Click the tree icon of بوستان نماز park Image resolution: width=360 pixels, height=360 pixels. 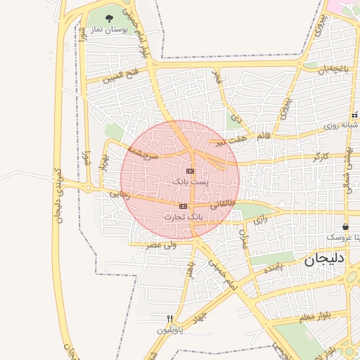coord(109,18)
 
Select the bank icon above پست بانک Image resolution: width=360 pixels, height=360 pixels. coord(190,171)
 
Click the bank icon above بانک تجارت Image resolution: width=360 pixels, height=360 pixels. coord(184,206)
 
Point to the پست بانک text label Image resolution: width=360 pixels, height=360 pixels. coord(190,181)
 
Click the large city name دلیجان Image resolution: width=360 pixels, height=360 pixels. coord(325,259)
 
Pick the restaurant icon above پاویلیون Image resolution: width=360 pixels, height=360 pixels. coord(169,319)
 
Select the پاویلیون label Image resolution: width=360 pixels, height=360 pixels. coord(169,328)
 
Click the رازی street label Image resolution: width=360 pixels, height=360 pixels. coord(261,220)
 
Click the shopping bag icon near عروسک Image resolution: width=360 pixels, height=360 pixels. coord(346,227)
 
